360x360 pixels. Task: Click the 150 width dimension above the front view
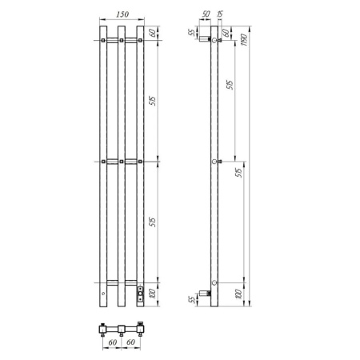click(x=122, y=15)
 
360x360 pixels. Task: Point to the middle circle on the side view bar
click(x=214, y=162)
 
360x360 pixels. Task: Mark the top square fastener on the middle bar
click(x=122, y=39)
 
